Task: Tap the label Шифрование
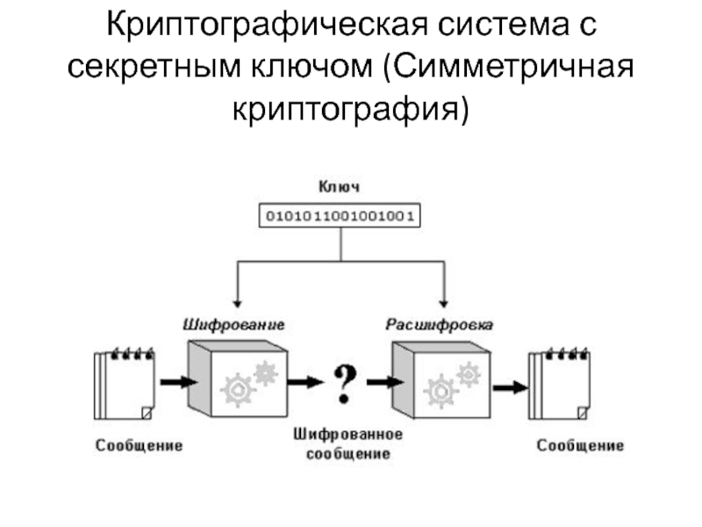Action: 233,324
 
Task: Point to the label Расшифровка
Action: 440,324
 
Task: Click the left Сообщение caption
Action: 140,445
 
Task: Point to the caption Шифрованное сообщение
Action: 348,444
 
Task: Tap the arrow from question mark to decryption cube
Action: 381,382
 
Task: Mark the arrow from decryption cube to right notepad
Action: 510,386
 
